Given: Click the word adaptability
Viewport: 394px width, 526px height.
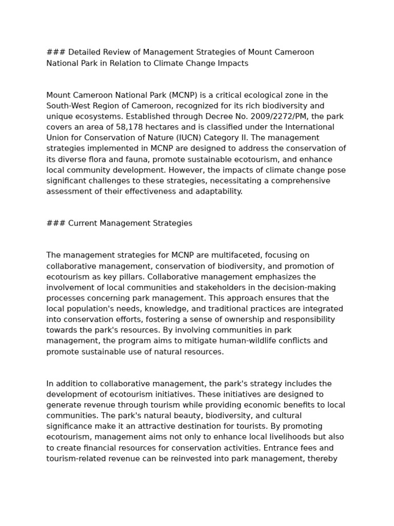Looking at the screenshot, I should (216, 192).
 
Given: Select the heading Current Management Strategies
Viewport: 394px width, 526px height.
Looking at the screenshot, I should (130, 223).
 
